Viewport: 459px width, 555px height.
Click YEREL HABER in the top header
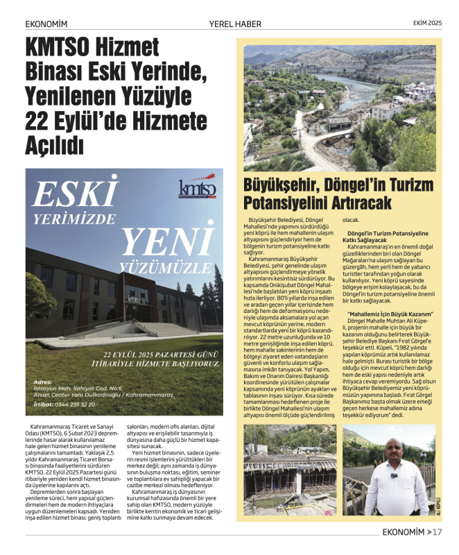pos(235,24)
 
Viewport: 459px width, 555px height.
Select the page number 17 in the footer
pos(438,533)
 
